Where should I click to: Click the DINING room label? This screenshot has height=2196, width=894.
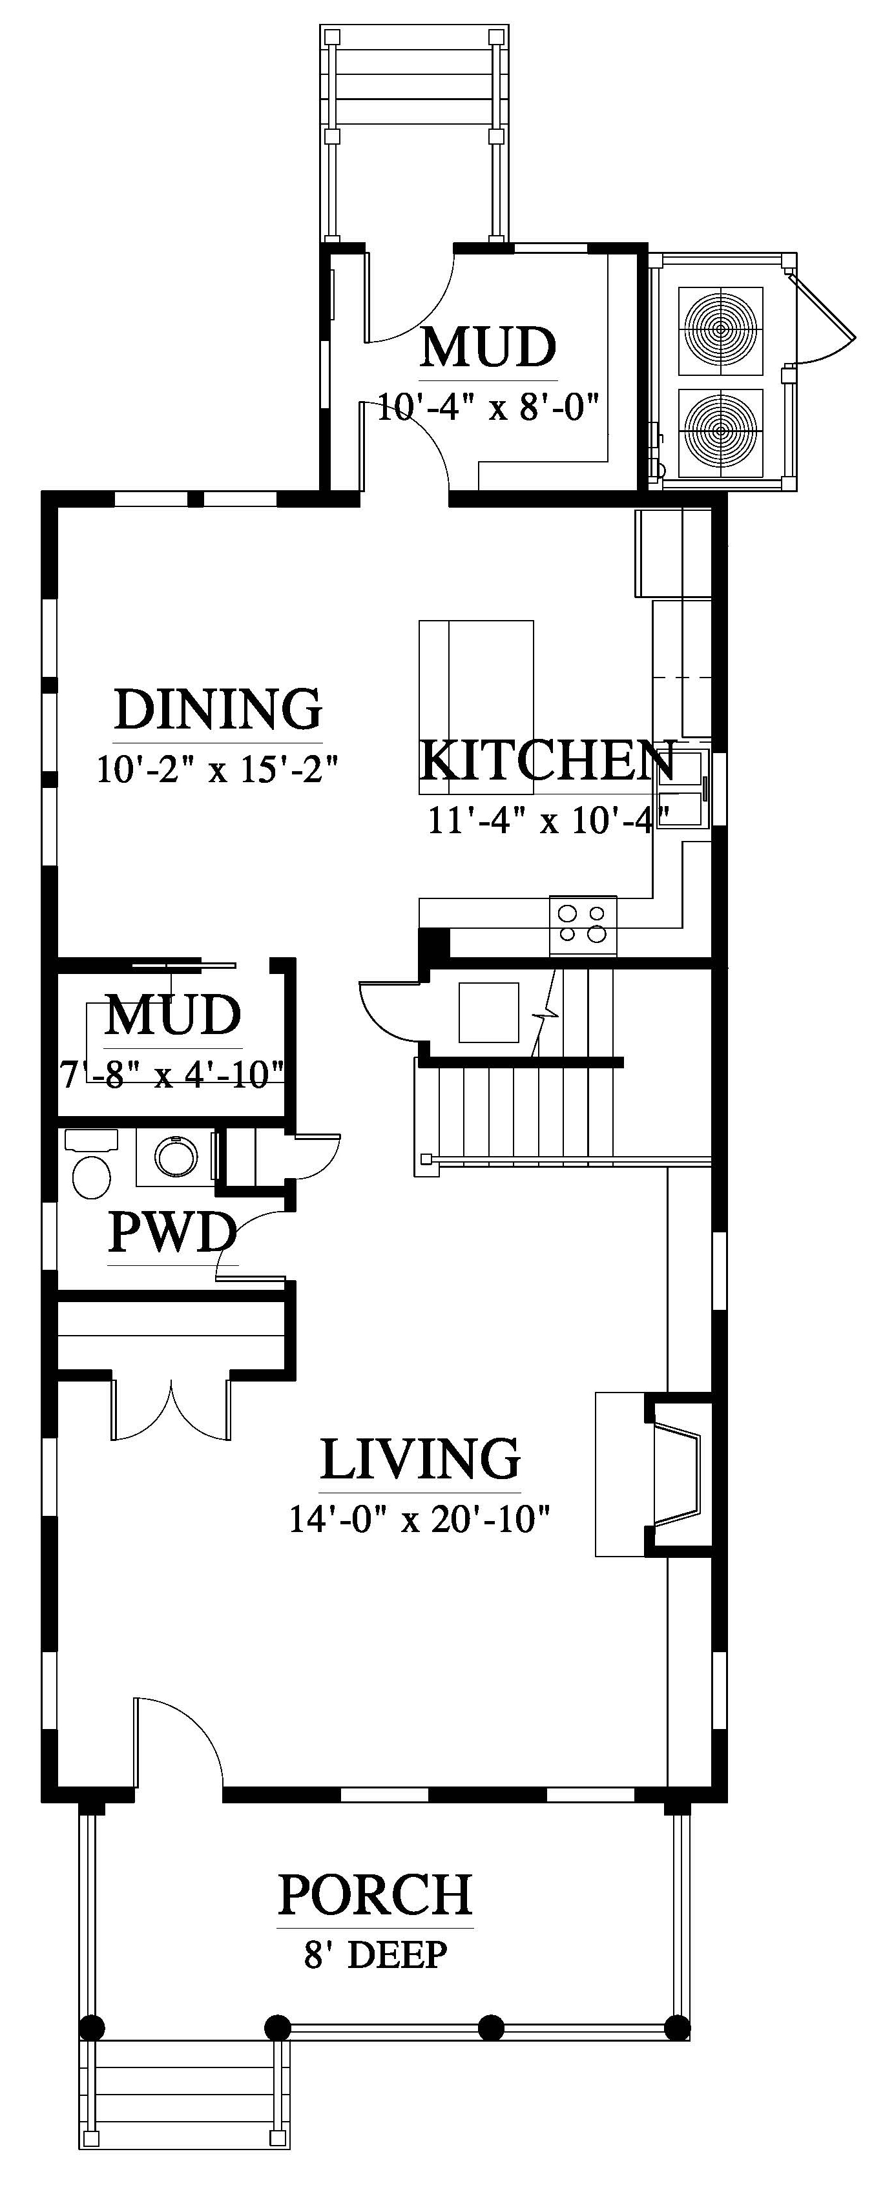tap(218, 709)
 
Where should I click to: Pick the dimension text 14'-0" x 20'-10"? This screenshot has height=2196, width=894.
tap(419, 1519)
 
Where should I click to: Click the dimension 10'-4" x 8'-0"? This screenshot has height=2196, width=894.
tap(488, 407)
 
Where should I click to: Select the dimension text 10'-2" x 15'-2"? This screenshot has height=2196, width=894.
tap(218, 770)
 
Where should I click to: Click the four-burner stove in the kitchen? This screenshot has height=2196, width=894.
tap(583, 925)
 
